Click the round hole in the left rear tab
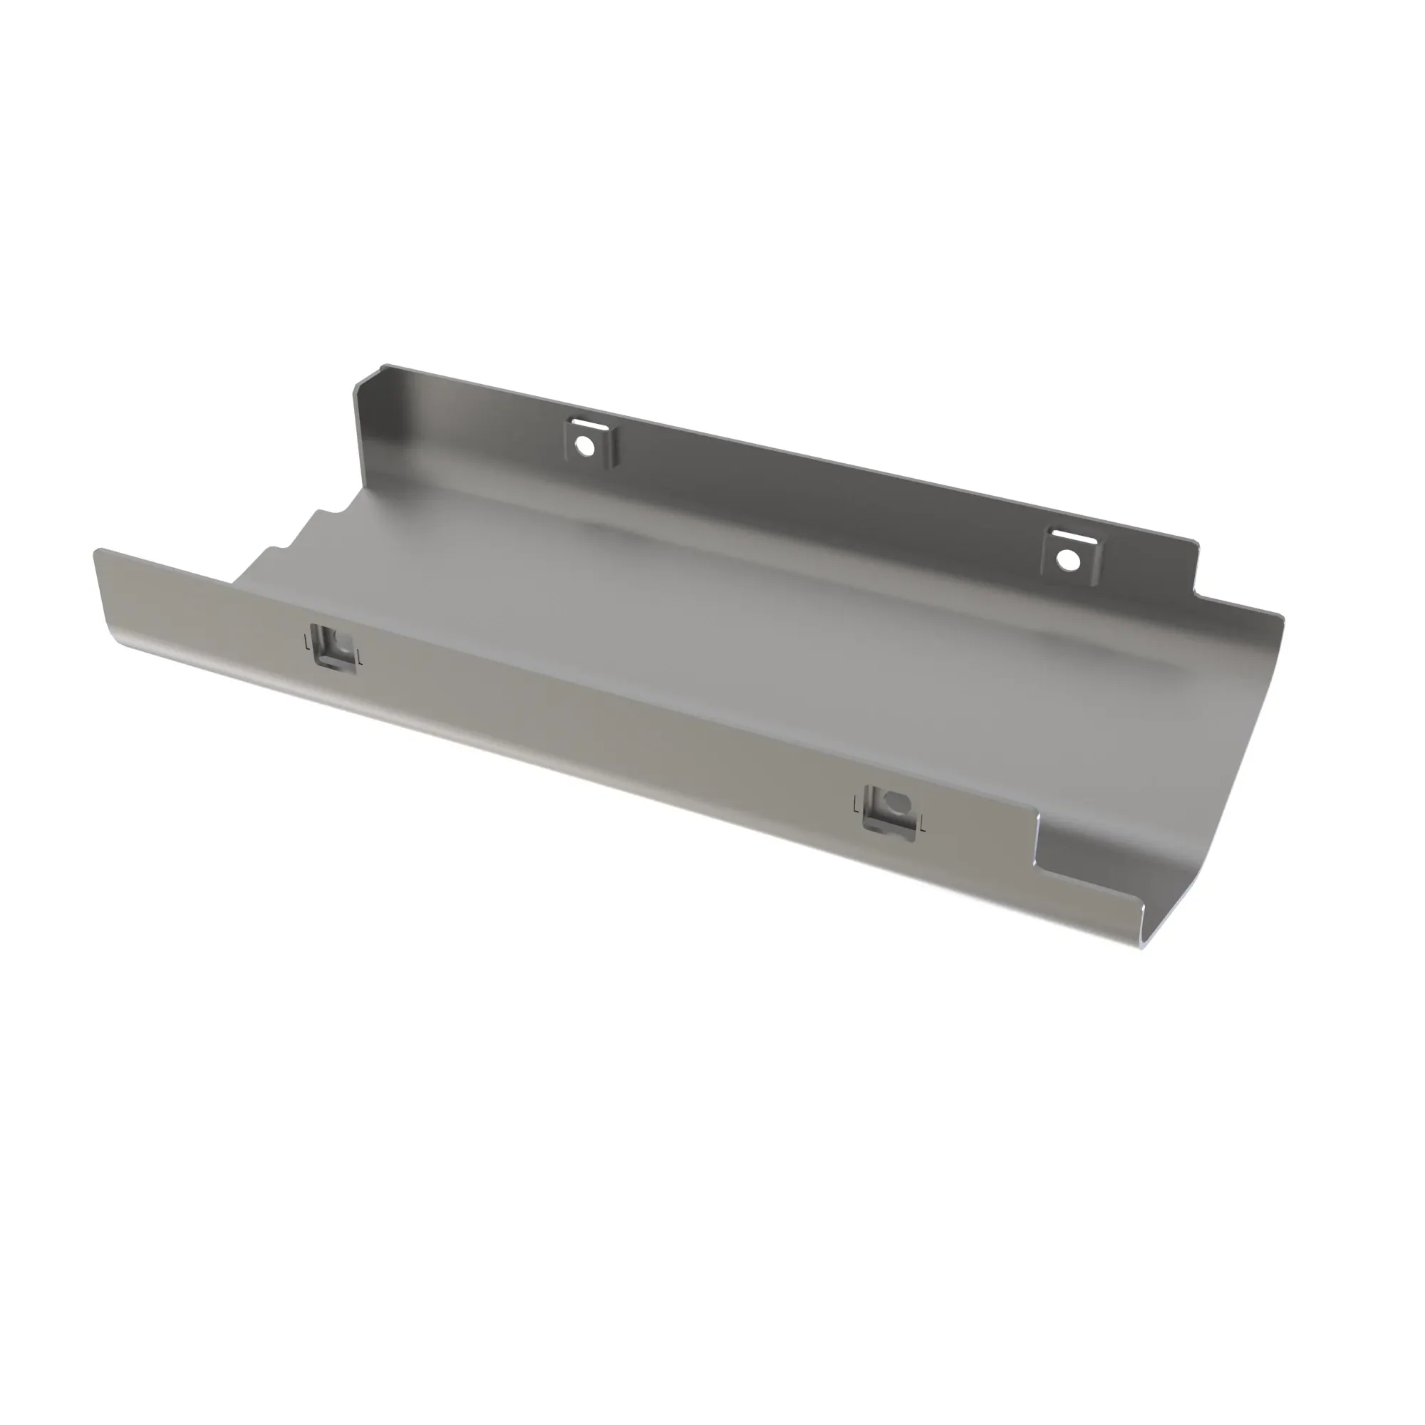584,445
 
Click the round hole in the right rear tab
1068,560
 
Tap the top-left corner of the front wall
97,552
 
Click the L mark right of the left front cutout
358,655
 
